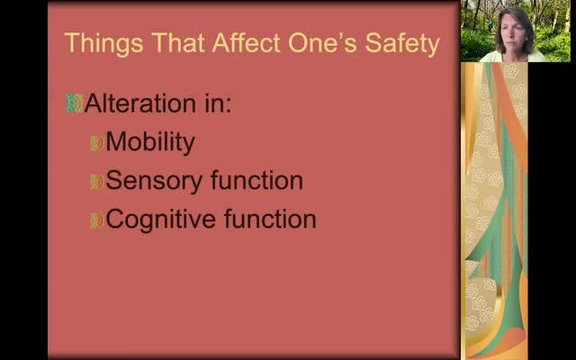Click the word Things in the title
tap(103, 44)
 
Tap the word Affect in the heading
tap(246, 42)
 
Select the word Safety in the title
tap(402, 44)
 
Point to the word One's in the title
tap(322, 43)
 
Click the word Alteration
tap(140, 103)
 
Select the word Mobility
tap(150, 142)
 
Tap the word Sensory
tap(154, 181)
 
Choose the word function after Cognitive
tap(270, 219)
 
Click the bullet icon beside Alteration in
tap(75, 103)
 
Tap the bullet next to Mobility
tap(96, 143)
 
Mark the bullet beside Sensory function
tap(96, 182)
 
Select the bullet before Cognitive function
tap(96, 220)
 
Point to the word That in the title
tap(178, 42)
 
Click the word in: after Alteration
tap(218, 103)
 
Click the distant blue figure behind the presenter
tap(490, 26)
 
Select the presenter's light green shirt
tap(513, 57)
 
